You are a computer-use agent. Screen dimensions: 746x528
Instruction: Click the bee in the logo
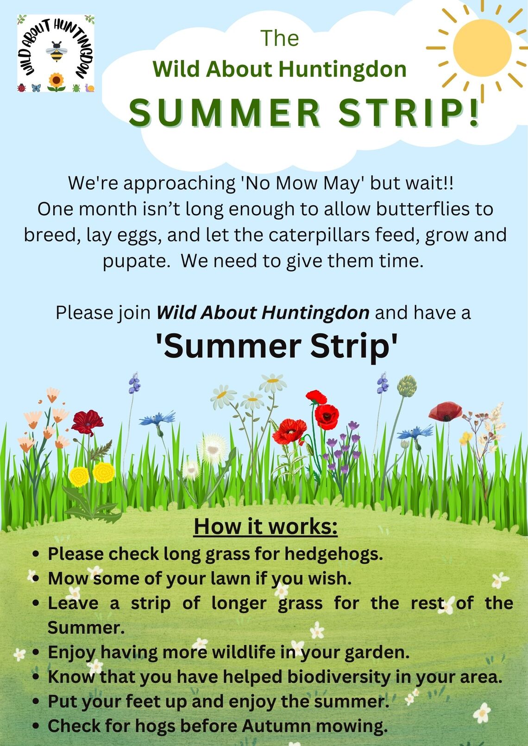tap(57, 52)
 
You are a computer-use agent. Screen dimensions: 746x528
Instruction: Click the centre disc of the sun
tap(482, 48)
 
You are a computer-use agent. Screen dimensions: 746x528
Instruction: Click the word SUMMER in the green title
tap(225, 113)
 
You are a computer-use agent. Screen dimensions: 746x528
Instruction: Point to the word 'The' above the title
tap(280, 38)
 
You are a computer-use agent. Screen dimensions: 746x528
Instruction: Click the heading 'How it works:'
tap(265, 527)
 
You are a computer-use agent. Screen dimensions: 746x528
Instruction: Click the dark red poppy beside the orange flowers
tap(87, 422)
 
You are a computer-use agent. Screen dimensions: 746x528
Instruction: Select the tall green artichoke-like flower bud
tap(407, 385)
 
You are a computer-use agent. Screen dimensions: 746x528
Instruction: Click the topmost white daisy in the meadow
tap(273, 383)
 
